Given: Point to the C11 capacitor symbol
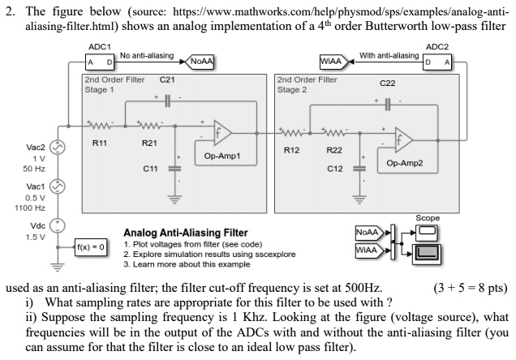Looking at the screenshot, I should (172, 169).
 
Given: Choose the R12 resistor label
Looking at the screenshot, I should (293, 150).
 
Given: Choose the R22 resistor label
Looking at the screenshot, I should (333, 150).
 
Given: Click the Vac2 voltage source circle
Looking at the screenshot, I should (58, 148).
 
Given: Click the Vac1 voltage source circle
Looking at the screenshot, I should (58, 188).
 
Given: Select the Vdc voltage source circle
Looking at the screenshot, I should (58, 227).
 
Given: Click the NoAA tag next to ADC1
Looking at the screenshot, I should (197, 62).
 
